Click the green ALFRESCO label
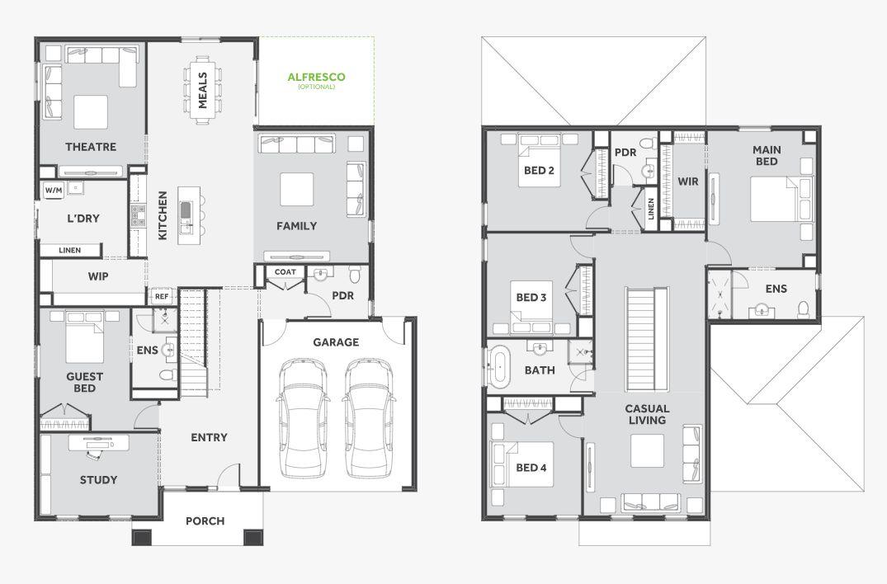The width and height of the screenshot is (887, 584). (x=316, y=77)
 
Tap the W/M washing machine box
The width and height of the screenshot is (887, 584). (x=54, y=190)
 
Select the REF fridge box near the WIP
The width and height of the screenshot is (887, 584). (x=162, y=296)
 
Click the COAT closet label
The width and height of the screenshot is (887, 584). (x=285, y=272)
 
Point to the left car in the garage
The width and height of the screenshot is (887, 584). (x=303, y=417)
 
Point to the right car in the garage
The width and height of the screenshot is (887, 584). (x=369, y=417)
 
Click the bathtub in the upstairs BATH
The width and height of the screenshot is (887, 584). (x=499, y=366)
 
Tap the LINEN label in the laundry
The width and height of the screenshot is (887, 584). (x=70, y=250)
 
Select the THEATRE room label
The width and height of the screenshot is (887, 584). (x=91, y=147)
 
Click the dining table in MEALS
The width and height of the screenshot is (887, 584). (x=202, y=89)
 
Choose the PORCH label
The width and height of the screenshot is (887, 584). (x=205, y=520)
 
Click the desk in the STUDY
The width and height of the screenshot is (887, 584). (x=99, y=443)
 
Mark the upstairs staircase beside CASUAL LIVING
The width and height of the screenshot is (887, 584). (x=647, y=339)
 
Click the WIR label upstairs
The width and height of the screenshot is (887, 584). (x=688, y=181)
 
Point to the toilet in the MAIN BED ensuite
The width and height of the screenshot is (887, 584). (x=804, y=309)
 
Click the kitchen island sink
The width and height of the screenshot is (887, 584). (x=186, y=210)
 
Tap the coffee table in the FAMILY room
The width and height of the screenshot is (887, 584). (x=297, y=190)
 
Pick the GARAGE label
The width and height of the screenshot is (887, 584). (x=336, y=342)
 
